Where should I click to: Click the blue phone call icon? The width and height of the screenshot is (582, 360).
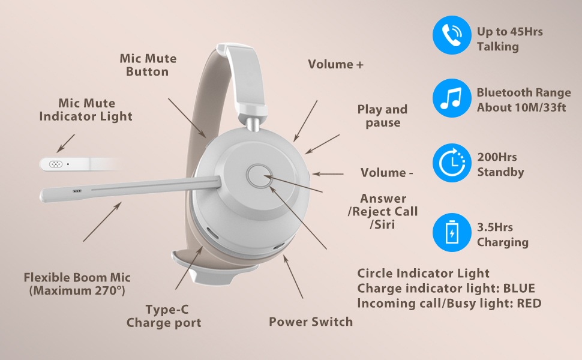pos(452,35)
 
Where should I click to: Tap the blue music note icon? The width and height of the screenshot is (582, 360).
pos(452,98)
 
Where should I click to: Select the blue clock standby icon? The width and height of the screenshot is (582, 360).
pos(452,163)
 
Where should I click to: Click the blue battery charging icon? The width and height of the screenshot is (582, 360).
pos(452,232)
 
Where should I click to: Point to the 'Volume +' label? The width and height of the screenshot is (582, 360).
pos(335,64)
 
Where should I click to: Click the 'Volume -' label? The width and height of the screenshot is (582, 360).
pos(386,173)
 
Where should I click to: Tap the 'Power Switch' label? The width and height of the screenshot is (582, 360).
pos(311,322)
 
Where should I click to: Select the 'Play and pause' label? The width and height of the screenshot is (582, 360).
pos(382,116)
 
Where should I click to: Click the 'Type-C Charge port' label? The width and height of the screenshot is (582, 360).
pos(164,316)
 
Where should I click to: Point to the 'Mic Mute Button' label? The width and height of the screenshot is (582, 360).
pos(148,65)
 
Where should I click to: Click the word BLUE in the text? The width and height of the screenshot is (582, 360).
pos(519,289)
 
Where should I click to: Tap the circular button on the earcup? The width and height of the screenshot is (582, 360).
pos(259,176)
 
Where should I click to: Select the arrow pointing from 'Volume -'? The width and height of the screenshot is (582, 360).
pos(328,173)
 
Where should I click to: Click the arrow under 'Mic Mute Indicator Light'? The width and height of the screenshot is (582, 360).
pos(65,143)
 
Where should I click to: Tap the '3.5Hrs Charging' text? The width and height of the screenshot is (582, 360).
pos(503,235)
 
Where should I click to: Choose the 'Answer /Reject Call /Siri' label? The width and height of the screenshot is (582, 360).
pos(383,212)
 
